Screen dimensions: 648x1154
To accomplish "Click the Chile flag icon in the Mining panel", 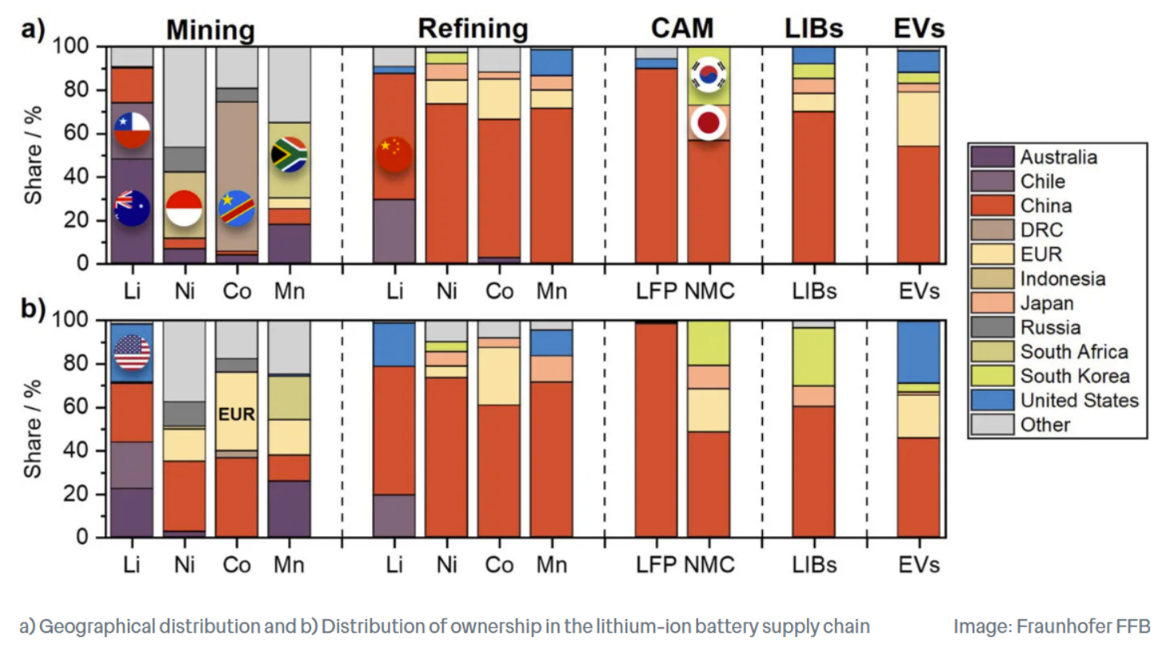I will (x=132, y=130).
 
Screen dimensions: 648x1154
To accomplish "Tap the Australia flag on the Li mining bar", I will (x=132, y=208).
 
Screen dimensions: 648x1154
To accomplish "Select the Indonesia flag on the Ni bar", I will (x=184, y=208).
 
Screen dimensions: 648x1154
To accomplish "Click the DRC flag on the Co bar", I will (x=237, y=208).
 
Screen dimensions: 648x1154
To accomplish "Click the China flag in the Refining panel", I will (x=394, y=154).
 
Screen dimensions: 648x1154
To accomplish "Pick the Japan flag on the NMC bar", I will (x=709, y=123).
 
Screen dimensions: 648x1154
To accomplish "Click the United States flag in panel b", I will (x=132, y=352).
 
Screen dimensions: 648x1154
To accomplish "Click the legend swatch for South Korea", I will (x=992, y=376).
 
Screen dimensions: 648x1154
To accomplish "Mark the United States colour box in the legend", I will (x=992, y=400).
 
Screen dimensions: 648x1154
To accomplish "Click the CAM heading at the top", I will (x=682, y=29).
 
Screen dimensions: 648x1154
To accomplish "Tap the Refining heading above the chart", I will (x=473, y=29).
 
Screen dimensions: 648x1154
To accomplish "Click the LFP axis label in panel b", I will (x=656, y=565).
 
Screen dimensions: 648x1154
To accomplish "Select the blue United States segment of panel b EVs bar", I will (x=918, y=352).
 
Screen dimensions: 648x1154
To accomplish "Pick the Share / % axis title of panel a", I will (x=33, y=155).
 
